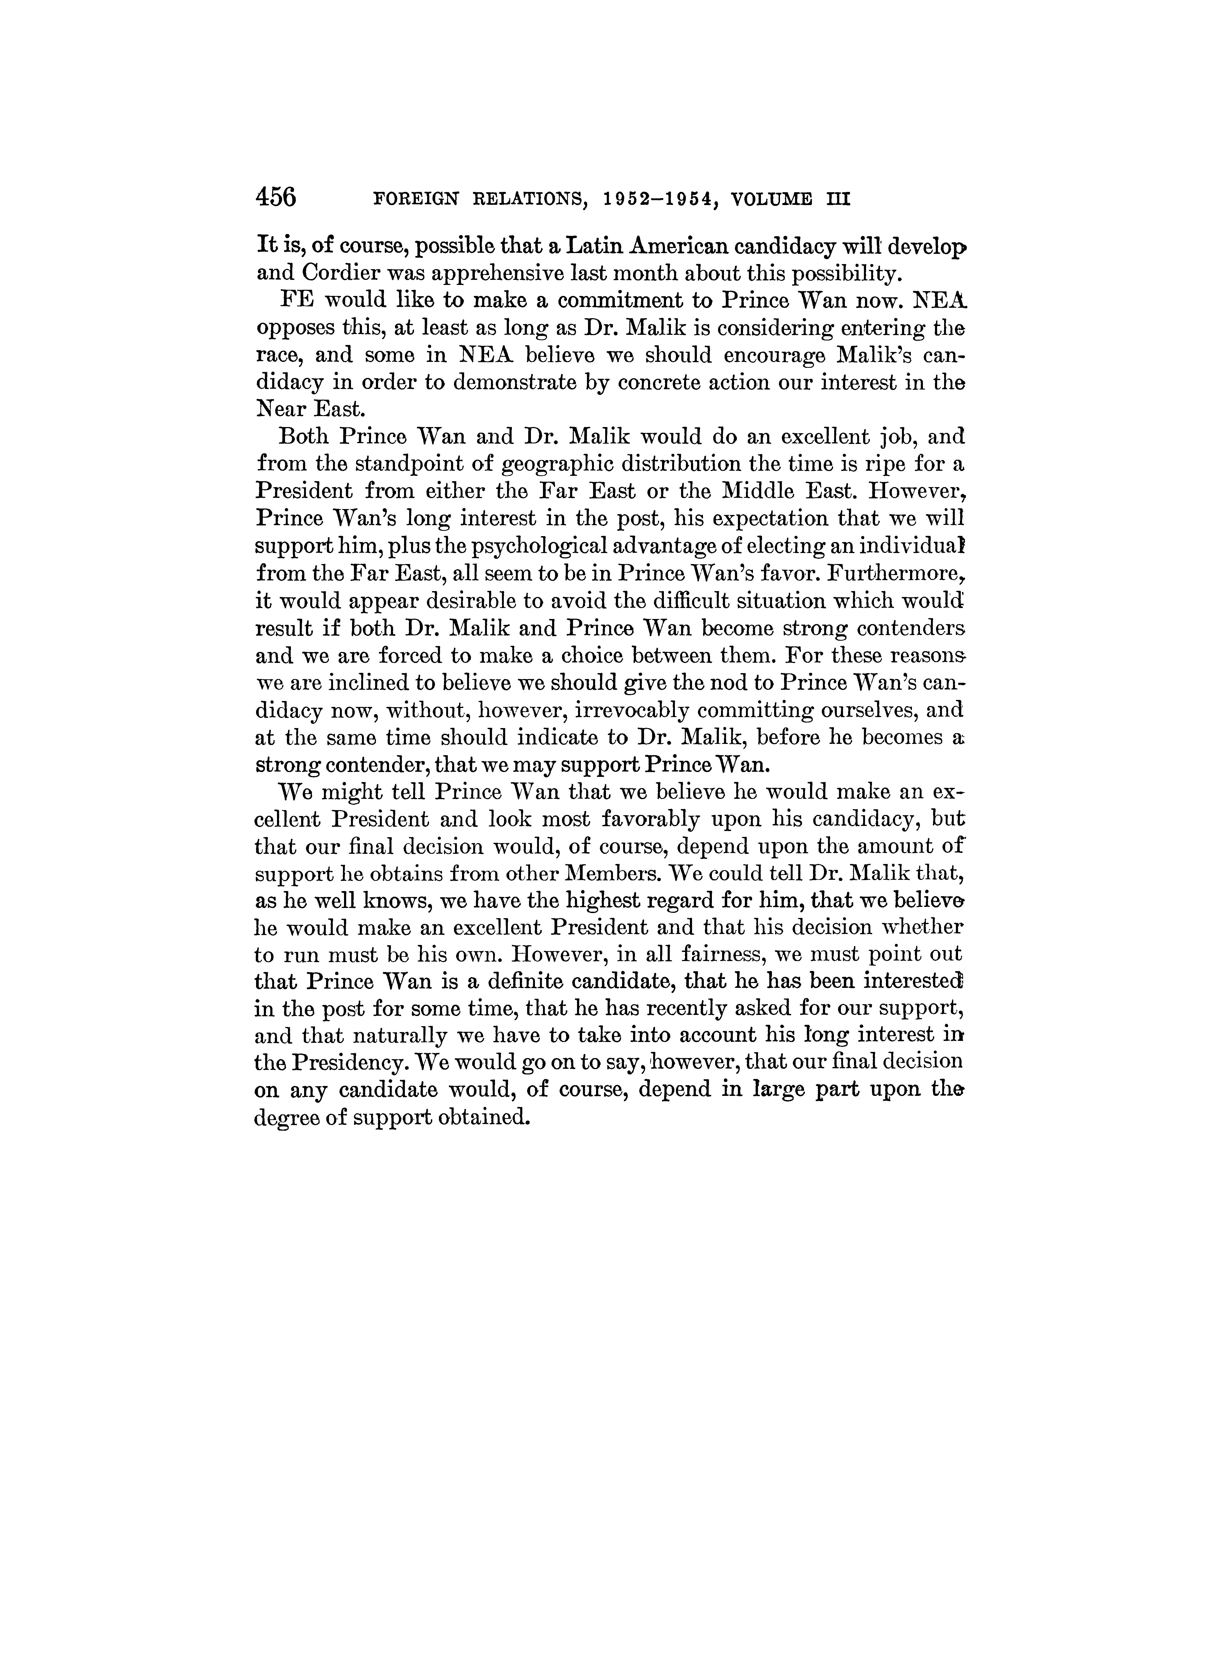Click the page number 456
tap(275, 198)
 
